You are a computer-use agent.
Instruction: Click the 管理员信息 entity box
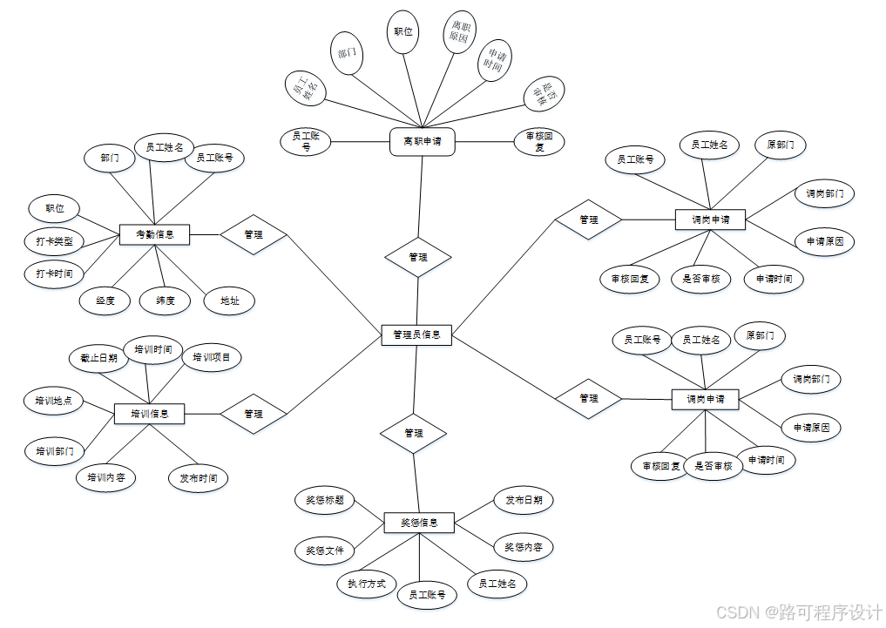click(x=416, y=334)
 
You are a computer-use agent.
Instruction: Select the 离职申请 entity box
click(x=422, y=141)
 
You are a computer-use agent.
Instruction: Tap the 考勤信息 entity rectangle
click(x=154, y=233)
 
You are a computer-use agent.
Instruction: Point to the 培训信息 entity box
click(x=150, y=413)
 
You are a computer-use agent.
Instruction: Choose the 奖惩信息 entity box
click(x=419, y=523)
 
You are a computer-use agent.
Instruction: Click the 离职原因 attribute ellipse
click(x=458, y=32)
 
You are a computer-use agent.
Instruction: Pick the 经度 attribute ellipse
click(x=105, y=300)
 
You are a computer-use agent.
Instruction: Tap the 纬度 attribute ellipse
click(x=166, y=300)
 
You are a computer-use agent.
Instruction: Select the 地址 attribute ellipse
click(x=229, y=300)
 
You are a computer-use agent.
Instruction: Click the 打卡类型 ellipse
click(x=54, y=241)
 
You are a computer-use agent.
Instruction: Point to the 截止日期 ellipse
click(x=98, y=358)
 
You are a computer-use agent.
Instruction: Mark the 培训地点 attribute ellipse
click(x=54, y=402)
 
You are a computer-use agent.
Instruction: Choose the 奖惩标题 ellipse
click(x=324, y=500)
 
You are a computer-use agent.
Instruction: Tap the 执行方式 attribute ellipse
click(x=366, y=584)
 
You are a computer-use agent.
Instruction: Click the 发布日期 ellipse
click(x=524, y=500)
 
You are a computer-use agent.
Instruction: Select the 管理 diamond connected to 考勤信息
click(x=254, y=234)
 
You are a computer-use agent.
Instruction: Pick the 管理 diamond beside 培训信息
click(x=254, y=414)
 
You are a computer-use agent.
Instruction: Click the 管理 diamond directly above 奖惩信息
click(x=414, y=433)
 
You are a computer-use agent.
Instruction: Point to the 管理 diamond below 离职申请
click(x=418, y=257)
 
